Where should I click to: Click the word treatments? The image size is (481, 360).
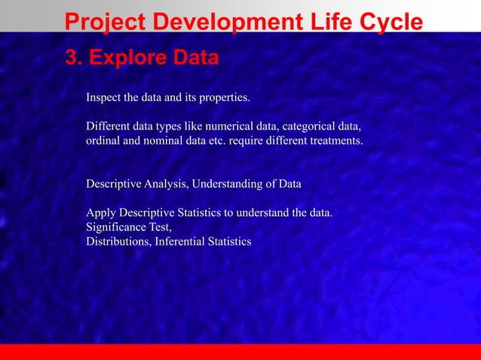(334, 140)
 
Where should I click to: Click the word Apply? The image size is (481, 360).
(101, 213)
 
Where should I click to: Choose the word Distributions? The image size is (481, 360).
(118, 242)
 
